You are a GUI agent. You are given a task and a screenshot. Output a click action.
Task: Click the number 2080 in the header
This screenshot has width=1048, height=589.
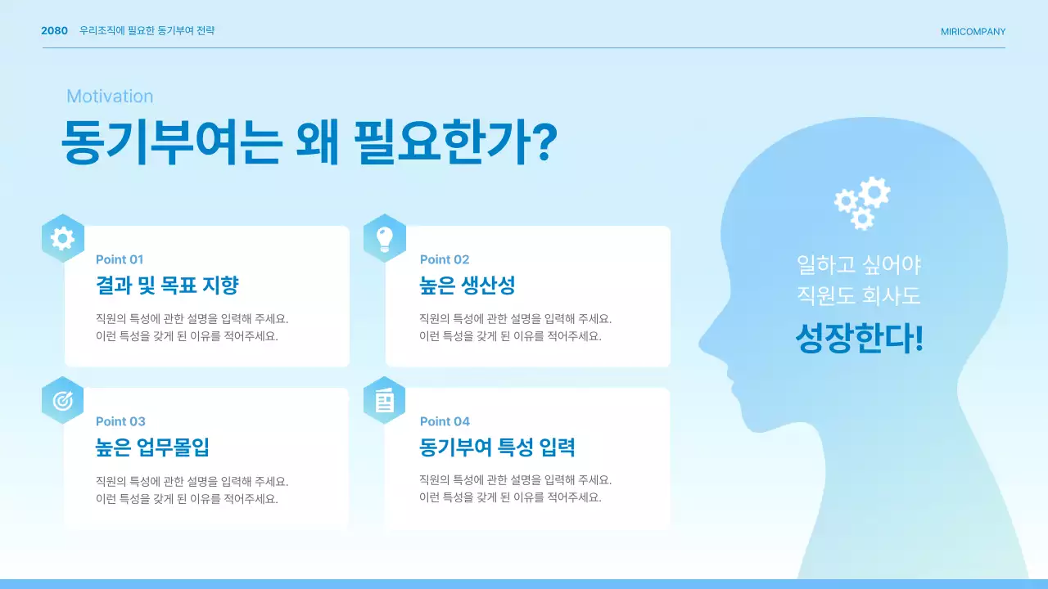point(54,31)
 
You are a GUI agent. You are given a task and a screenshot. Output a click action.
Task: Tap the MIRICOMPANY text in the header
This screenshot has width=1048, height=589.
point(973,32)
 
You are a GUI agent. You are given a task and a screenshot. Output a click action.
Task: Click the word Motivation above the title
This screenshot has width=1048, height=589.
point(110,97)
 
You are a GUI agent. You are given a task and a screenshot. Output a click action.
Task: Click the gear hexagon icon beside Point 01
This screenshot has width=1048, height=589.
point(62,238)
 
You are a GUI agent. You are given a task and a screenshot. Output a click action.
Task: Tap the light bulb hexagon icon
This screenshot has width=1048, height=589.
point(385,238)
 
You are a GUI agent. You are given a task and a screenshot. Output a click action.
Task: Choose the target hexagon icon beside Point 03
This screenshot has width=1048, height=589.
point(62,400)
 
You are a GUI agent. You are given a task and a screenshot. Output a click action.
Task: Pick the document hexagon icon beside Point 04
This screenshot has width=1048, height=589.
point(385,400)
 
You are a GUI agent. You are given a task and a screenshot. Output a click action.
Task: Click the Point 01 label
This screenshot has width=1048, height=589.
point(120,259)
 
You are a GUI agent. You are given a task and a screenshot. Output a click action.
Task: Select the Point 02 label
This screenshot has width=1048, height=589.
point(445,259)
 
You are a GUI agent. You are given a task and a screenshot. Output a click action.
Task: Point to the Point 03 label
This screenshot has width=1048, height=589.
point(120,421)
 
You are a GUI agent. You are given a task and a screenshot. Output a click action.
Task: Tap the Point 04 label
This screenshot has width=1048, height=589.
point(445,421)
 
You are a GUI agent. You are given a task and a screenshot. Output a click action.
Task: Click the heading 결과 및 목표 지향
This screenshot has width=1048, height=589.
point(167,286)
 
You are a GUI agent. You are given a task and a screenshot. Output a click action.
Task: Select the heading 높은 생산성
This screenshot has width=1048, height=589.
point(467,286)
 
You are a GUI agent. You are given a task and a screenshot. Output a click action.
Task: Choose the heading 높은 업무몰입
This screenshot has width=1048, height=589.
point(153,447)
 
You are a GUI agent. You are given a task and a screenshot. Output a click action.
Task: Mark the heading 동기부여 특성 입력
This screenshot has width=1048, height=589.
point(497,447)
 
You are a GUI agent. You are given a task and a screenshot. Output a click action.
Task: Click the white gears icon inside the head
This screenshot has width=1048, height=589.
point(861,202)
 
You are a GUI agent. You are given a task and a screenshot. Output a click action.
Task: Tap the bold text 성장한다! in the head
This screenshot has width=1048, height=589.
point(859,339)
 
